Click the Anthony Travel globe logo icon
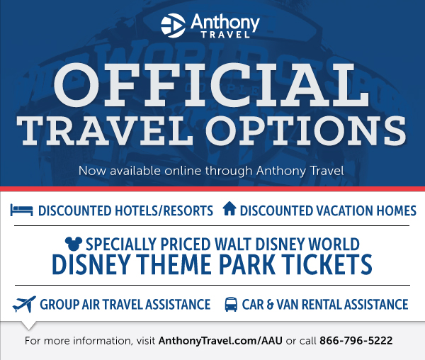tap(173, 26)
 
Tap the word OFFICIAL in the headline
tap(211, 85)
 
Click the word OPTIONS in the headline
tap(306, 131)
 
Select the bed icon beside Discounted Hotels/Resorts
tap(22, 210)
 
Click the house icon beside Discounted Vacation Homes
tap(229, 208)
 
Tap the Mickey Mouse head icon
tap(74, 244)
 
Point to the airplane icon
tap(24, 304)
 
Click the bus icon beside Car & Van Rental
tap(231, 305)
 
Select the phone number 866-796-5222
tap(356, 340)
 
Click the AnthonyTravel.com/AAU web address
tap(220, 341)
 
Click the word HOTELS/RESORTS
tap(164, 211)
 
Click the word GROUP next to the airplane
tap(59, 305)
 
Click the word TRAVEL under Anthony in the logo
tap(225, 35)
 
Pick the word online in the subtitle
tap(183, 171)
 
